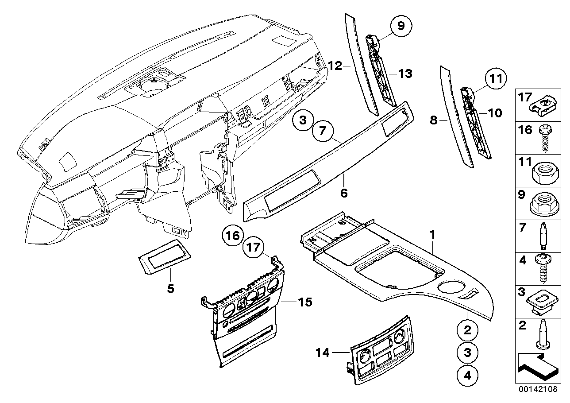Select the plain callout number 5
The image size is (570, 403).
click(170, 289)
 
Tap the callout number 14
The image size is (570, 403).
click(323, 353)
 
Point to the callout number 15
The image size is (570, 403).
click(305, 302)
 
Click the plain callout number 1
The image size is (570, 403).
click(433, 233)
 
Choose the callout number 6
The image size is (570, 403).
click(344, 193)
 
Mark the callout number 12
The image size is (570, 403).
click(335, 66)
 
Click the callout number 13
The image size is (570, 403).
click(404, 74)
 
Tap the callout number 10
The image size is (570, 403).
click(495, 113)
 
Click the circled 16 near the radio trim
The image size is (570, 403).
click(233, 235)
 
